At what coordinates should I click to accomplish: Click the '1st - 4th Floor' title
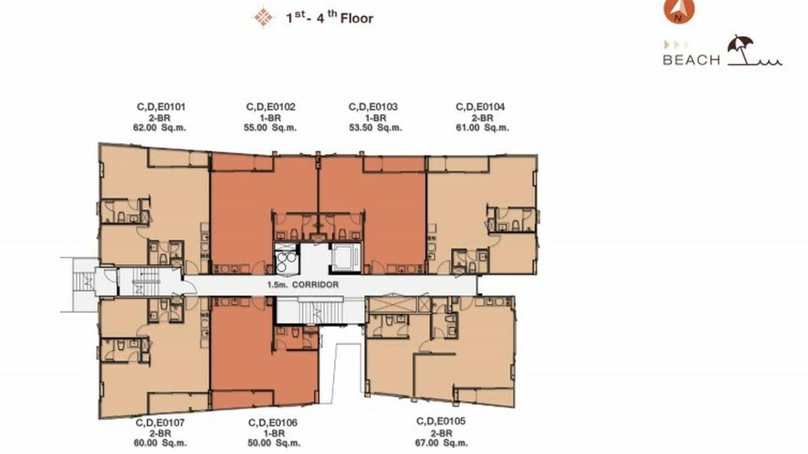[x=329, y=17]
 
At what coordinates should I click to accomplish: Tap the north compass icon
[x=679, y=10]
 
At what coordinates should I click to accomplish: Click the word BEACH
[x=691, y=60]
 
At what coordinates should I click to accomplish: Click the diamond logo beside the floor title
[x=263, y=17]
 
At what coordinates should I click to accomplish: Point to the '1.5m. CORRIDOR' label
[x=303, y=285]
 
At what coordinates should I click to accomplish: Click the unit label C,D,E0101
[x=161, y=107]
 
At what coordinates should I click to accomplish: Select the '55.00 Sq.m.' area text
[x=271, y=128]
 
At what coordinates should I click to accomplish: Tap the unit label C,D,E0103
[x=373, y=107]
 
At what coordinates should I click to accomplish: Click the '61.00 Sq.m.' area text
[x=480, y=128]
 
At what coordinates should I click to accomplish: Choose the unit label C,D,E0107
[x=161, y=422]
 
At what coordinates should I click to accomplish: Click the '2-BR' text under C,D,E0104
[x=480, y=117]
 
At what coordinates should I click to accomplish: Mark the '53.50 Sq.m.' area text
[x=376, y=128]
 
